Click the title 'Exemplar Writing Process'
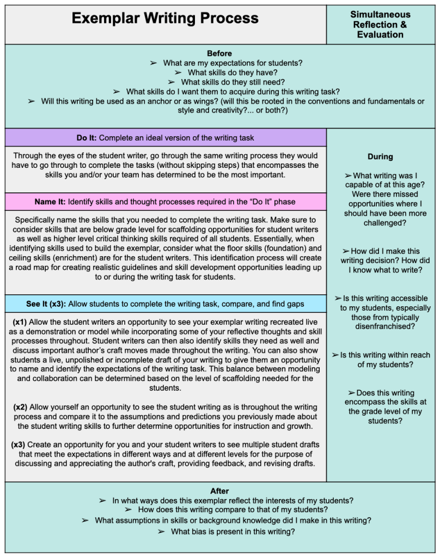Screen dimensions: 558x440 tap(165, 19)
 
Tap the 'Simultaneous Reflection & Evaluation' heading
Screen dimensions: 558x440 tap(380, 25)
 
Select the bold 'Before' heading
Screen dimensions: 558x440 tap(219, 53)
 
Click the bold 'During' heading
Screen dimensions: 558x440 tap(380, 157)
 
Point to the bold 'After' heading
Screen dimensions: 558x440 tap(219, 491)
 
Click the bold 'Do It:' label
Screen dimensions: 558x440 tap(87, 138)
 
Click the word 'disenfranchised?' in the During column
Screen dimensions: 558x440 tap(380, 327)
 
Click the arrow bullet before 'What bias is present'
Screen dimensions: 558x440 tap(161, 531)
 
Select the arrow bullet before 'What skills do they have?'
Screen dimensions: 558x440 tap(178, 72)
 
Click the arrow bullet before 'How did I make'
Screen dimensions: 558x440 tap(345, 251)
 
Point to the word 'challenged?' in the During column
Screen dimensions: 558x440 tap(380, 223)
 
